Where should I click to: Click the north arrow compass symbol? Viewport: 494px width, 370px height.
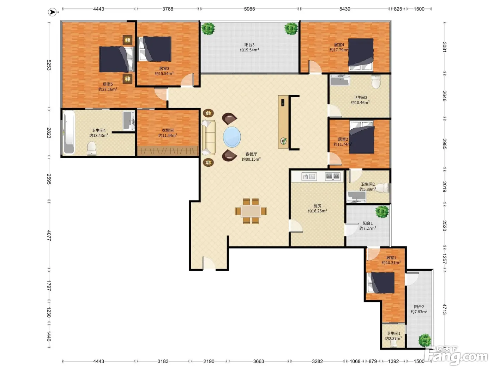click(x=53, y=12)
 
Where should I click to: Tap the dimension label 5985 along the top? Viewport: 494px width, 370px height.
click(x=249, y=9)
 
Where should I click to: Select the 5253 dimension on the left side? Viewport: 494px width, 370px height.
click(x=49, y=65)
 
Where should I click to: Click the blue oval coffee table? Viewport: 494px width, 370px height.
click(x=232, y=137)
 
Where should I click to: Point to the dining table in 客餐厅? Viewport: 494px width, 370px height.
click(x=251, y=211)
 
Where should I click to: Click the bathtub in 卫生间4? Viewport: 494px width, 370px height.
click(x=69, y=133)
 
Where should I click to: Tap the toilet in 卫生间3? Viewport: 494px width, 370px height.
click(x=376, y=81)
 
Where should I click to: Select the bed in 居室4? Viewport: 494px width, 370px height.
click(x=361, y=55)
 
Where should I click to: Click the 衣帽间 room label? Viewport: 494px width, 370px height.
click(x=168, y=130)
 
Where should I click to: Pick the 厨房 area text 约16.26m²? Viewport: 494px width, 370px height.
click(x=317, y=211)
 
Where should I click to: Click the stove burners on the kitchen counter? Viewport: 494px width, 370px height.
click(x=333, y=177)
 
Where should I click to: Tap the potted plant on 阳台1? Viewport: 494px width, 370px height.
click(x=382, y=212)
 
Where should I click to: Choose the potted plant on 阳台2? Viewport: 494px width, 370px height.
click(x=425, y=340)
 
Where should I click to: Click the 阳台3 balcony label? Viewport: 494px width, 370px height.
click(x=249, y=45)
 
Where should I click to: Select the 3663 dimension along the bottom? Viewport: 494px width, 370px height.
click(x=259, y=361)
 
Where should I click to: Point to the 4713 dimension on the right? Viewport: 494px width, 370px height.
click(x=445, y=309)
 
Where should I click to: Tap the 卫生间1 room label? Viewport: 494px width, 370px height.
click(x=393, y=333)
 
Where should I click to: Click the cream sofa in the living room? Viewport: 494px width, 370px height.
click(x=209, y=137)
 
